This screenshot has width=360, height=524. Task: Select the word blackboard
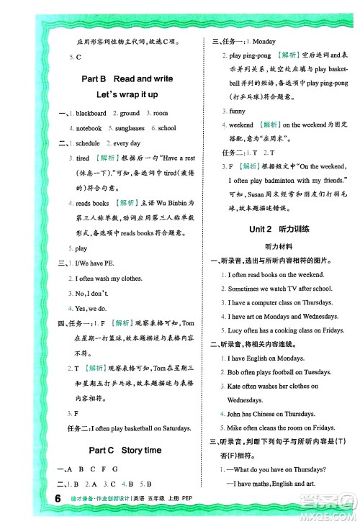(x=91, y=114)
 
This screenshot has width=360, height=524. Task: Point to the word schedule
(x=88, y=143)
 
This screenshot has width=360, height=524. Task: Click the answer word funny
(x=237, y=112)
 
